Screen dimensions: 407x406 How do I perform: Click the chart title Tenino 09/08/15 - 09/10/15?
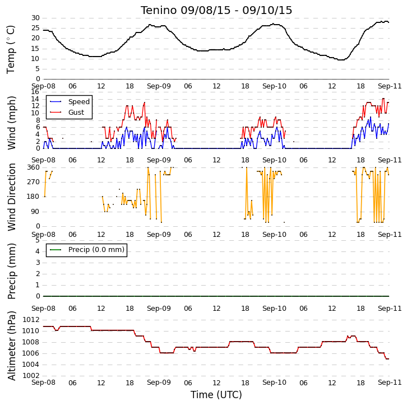[216, 11]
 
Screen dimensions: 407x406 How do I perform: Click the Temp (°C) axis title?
[11, 49]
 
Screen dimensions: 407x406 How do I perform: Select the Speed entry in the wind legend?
[70, 101]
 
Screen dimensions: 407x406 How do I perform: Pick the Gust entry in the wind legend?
[67, 112]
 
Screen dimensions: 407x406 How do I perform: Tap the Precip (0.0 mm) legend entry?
[87, 250]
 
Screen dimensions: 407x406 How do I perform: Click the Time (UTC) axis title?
[216, 395]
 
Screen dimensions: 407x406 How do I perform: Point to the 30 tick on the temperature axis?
[35, 18]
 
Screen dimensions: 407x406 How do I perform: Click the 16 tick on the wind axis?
[35, 92]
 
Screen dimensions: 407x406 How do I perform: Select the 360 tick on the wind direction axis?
[34, 167]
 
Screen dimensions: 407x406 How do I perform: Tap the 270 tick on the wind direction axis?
[34, 182]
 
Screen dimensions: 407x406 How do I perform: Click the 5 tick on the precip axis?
[38, 240]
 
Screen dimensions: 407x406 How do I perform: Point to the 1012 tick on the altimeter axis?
[31, 320]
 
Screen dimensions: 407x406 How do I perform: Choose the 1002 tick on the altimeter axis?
[31, 376]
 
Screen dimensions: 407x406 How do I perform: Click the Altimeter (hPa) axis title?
[12, 346]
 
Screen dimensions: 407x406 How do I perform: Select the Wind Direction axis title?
[12, 197]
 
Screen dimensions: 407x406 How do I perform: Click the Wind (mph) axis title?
[12, 123]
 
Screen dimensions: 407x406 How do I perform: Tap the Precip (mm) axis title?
[12, 271]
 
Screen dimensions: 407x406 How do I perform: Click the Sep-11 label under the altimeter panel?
[390, 382]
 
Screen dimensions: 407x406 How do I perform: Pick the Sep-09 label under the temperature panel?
[159, 86]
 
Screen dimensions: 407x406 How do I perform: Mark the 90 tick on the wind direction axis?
[35, 212]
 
